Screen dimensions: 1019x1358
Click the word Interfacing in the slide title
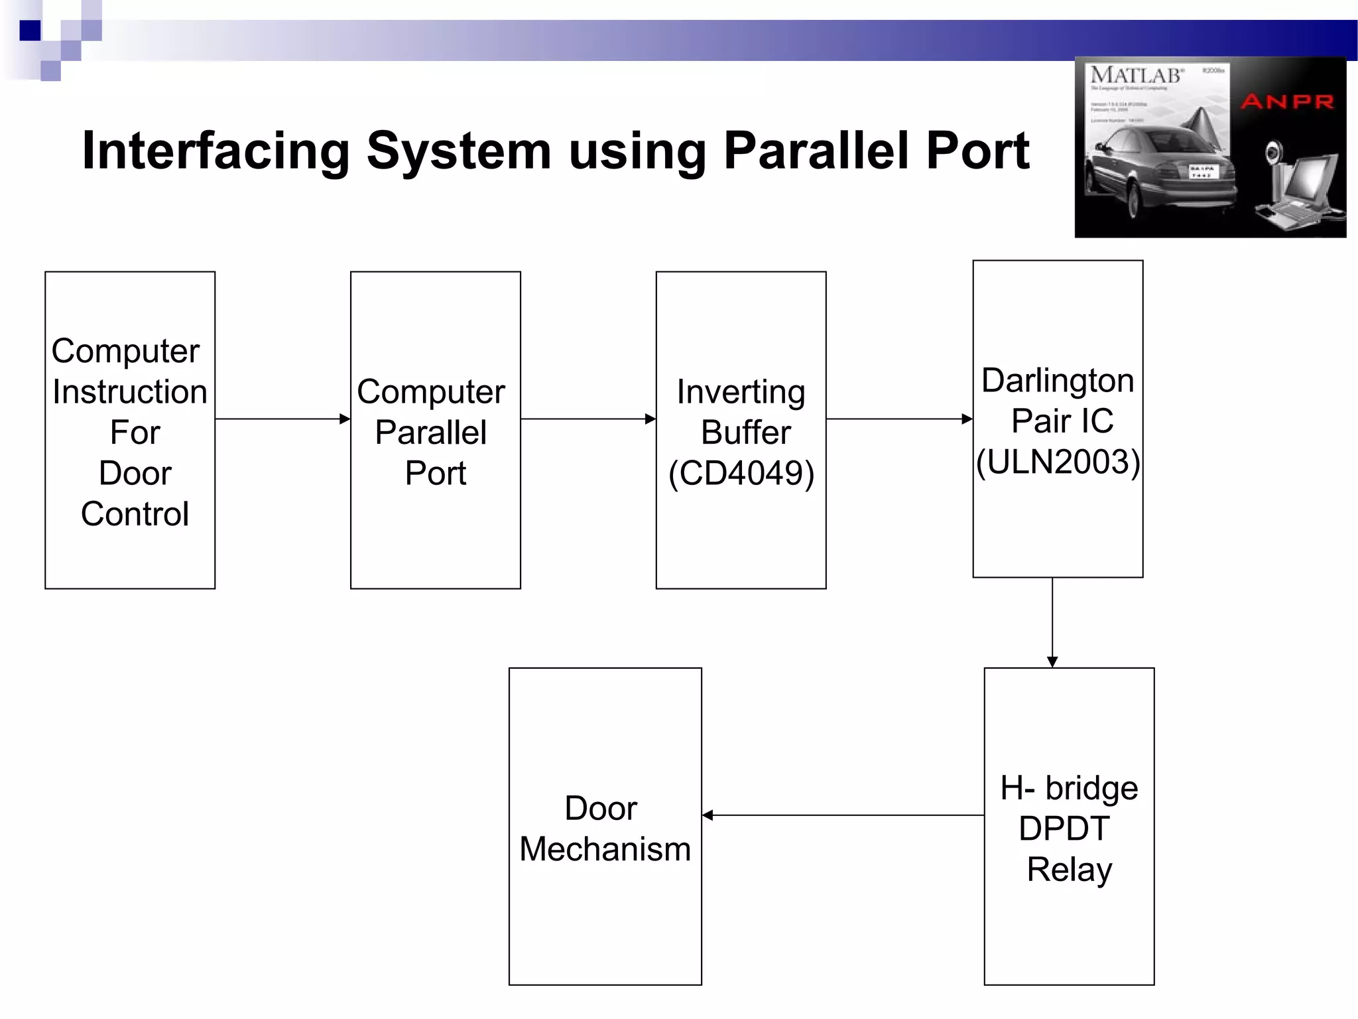coord(216,151)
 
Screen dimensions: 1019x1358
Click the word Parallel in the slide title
coord(816,151)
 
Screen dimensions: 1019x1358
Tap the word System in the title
coord(458,151)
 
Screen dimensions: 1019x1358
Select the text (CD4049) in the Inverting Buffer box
coord(741,474)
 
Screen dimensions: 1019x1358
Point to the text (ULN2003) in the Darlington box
coord(1058,462)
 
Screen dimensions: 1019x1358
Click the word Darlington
coord(1058,381)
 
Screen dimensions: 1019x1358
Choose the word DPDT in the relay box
coord(1064,829)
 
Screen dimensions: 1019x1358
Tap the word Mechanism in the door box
coord(605,849)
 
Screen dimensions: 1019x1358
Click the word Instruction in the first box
coord(130,392)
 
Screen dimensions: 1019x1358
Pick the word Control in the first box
coord(135,514)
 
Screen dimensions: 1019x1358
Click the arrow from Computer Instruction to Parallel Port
coord(282,419)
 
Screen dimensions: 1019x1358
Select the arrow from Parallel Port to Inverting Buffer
coord(588,419)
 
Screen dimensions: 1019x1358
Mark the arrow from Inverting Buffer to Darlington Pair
coord(899,419)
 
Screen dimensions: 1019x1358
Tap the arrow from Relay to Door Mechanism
coord(842,815)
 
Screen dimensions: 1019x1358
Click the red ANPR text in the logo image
coord(1287,102)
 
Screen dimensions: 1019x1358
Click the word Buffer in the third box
coord(746,433)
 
